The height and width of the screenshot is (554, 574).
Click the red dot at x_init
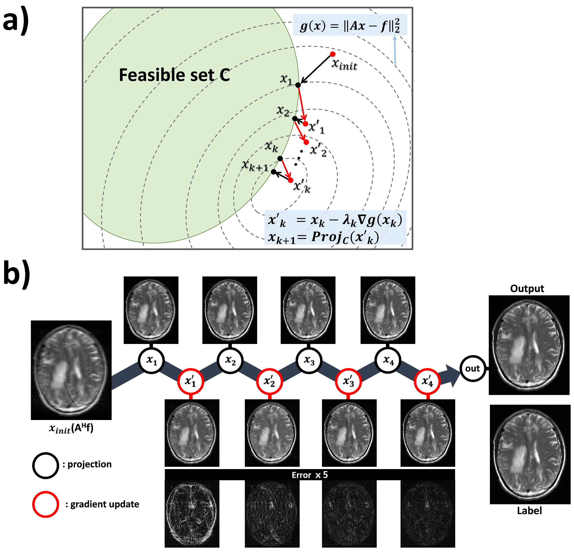tap(333, 54)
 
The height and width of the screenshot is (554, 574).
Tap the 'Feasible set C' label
tap(174, 75)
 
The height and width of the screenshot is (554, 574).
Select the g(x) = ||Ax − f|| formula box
tap(350, 25)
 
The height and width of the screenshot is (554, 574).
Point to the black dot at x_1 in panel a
tap(298, 85)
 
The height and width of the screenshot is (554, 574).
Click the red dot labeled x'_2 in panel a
tap(306, 142)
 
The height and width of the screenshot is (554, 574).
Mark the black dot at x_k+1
tap(274, 172)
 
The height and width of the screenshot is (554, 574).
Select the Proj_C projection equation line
tap(324, 238)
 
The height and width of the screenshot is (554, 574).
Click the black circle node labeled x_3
tap(309, 360)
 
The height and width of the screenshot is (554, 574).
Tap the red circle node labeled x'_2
tap(269, 382)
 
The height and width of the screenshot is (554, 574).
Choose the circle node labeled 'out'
tap(472, 369)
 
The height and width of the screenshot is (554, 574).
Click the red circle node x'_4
tap(427, 382)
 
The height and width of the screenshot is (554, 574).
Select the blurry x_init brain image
tap(71, 370)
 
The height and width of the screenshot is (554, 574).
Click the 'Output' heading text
tap(527, 289)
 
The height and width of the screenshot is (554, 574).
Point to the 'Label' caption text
tap(529, 511)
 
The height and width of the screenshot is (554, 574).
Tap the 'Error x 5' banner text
tap(310, 475)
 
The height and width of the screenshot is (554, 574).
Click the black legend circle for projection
tap(45, 465)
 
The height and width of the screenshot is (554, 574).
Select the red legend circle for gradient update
tap(45, 504)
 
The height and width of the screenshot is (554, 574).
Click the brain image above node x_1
tap(151, 310)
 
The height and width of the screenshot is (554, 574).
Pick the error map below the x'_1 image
tap(192, 514)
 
